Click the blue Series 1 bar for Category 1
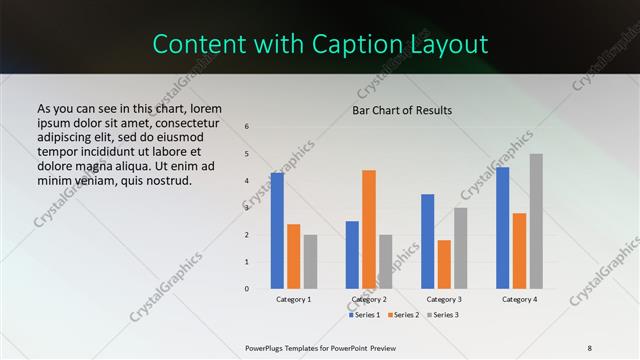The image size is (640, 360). (277, 231)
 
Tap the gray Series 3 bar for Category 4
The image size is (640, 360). (536, 221)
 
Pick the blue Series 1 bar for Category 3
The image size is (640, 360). (428, 241)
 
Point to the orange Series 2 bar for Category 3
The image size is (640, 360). (444, 264)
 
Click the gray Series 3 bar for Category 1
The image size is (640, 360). (310, 261)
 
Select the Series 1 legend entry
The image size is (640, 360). (365, 315)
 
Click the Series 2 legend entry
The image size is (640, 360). (405, 315)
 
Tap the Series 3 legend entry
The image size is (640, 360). (445, 315)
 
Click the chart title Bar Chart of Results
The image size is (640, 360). (402, 110)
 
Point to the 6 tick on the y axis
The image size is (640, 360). (247, 127)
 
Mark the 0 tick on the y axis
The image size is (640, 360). (247, 289)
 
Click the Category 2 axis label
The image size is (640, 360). (369, 300)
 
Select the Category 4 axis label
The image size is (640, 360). (519, 300)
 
